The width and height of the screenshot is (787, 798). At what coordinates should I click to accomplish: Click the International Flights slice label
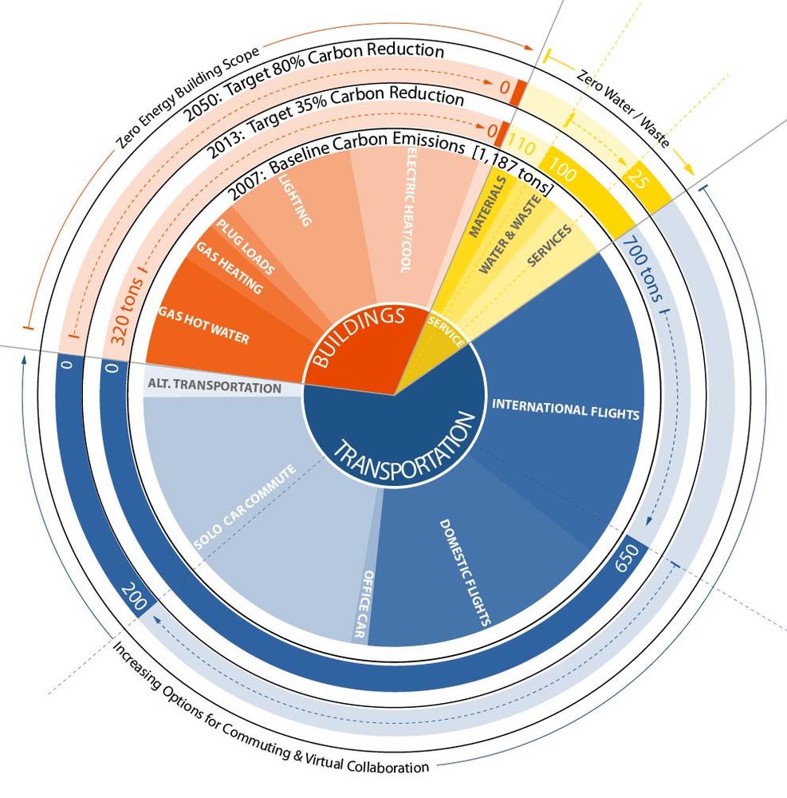tap(565, 410)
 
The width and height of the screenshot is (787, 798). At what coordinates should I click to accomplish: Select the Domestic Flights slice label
tap(465, 571)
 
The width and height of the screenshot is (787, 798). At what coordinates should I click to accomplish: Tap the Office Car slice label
tap(363, 604)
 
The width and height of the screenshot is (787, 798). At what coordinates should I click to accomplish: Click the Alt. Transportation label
tap(214, 388)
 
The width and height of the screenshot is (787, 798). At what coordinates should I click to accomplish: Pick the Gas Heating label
tap(230, 270)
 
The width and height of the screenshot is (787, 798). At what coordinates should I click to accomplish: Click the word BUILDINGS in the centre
tap(356, 338)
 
